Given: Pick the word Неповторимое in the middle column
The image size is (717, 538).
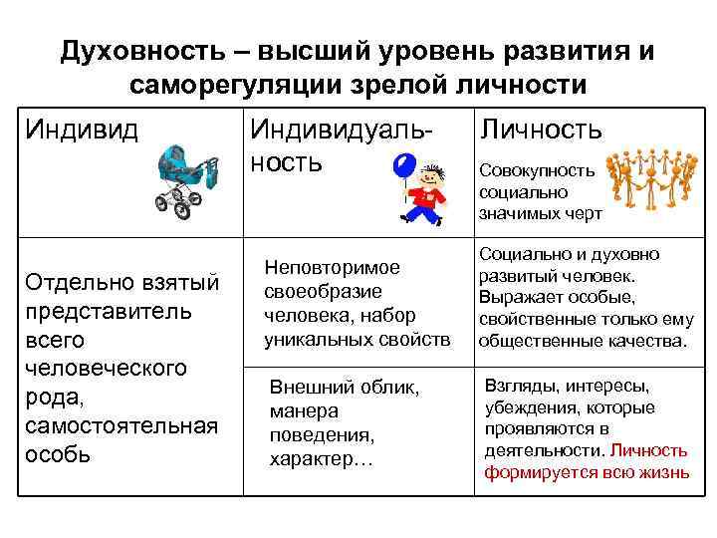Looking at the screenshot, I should (x=332, y=268).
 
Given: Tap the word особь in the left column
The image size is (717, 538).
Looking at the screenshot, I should (x=60, y=455).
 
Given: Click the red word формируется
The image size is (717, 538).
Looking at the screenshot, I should (x=533, y=472).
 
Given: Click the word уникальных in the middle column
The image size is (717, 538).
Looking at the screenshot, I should (x=312, y=340).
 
